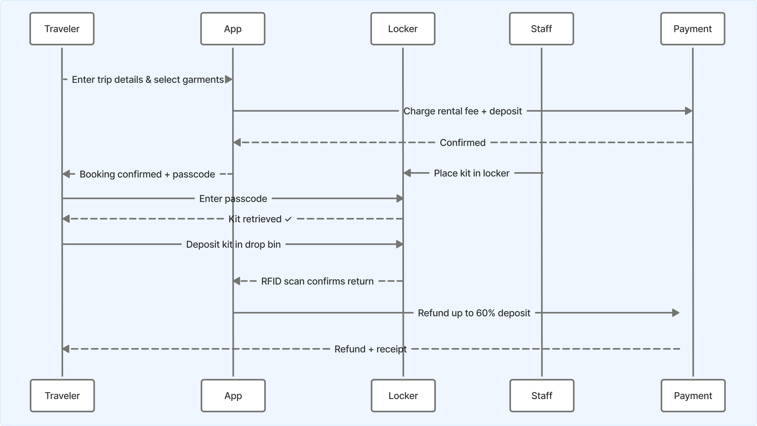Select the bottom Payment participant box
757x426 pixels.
(x=693, y=395)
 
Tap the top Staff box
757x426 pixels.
(x=541, y=29)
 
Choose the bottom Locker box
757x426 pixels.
(x=403, y=395)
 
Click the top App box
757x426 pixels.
(x=233, y=29)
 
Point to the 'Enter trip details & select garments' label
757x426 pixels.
(x=148, y=80)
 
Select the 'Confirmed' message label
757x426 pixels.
(x=462, y=143)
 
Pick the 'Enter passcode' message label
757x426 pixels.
(x=233, y=199)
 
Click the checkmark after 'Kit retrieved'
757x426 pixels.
(x=288, y=219)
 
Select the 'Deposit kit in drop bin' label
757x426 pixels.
(x=233, y=244)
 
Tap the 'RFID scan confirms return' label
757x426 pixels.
(x=317, y=281)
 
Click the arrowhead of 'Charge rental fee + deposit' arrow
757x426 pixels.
(x=689, y=111)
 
